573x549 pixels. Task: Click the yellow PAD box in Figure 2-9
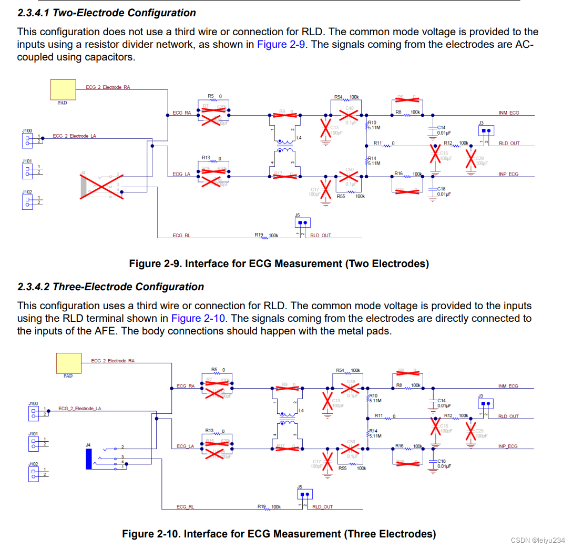pos(63,90)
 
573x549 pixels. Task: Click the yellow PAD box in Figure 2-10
pos(69,363)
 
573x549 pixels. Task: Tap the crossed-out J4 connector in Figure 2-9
pos(101,184)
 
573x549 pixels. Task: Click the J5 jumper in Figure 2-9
pos(302,222)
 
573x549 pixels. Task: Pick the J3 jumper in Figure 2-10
pos(486,404)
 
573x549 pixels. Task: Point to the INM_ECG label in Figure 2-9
pos(508,113)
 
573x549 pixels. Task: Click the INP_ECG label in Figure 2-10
pos(507,446)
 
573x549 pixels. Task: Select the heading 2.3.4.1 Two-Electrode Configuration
pos(106,13)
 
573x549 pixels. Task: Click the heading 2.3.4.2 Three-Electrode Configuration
pos(110,287)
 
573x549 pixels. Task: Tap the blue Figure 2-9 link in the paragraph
pos(281,44)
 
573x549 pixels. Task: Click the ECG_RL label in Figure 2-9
pos(181,236)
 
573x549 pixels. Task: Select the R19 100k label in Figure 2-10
pos(269,506)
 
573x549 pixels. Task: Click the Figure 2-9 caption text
pos(279,263)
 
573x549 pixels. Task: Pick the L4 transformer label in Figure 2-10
pos(301,410)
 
